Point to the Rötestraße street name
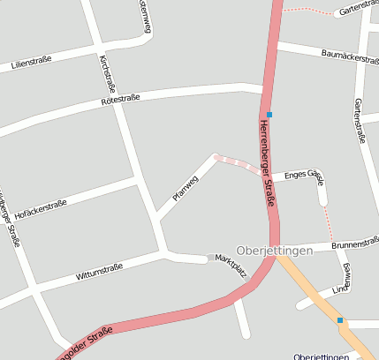tap(123, 102)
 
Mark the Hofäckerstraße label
tap(42, 210)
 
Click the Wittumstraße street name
tap(99, 271)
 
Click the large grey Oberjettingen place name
tap(276, 251)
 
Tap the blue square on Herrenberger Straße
tap(269, 115)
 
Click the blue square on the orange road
tap(339, 320)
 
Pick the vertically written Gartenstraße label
tap(360, 120)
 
